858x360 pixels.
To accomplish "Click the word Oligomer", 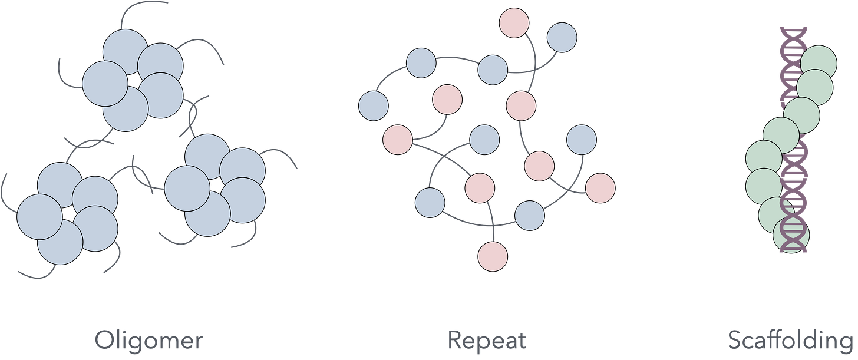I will click(x=148, y=341).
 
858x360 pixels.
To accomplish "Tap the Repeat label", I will click(x=486, y=341).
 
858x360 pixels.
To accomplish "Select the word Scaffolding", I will click(x=791, y=341).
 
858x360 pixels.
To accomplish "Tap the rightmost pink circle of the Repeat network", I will click(x=600, y=188).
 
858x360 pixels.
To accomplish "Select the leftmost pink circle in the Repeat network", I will click(x=398, y=140).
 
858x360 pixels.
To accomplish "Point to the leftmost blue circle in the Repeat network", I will click(x=374, y=106).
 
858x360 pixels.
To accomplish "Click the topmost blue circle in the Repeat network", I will click(x=562, y=38).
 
